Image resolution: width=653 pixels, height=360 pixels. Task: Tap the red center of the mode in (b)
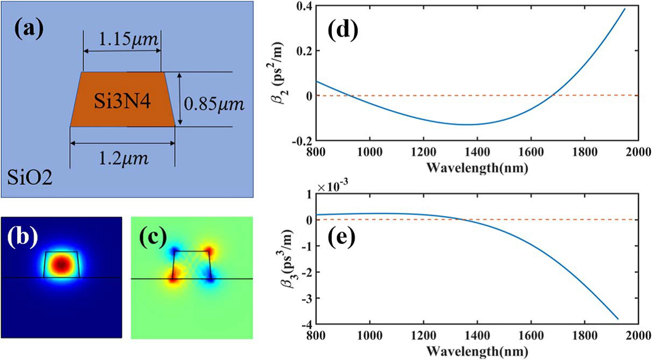click(62, 264)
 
